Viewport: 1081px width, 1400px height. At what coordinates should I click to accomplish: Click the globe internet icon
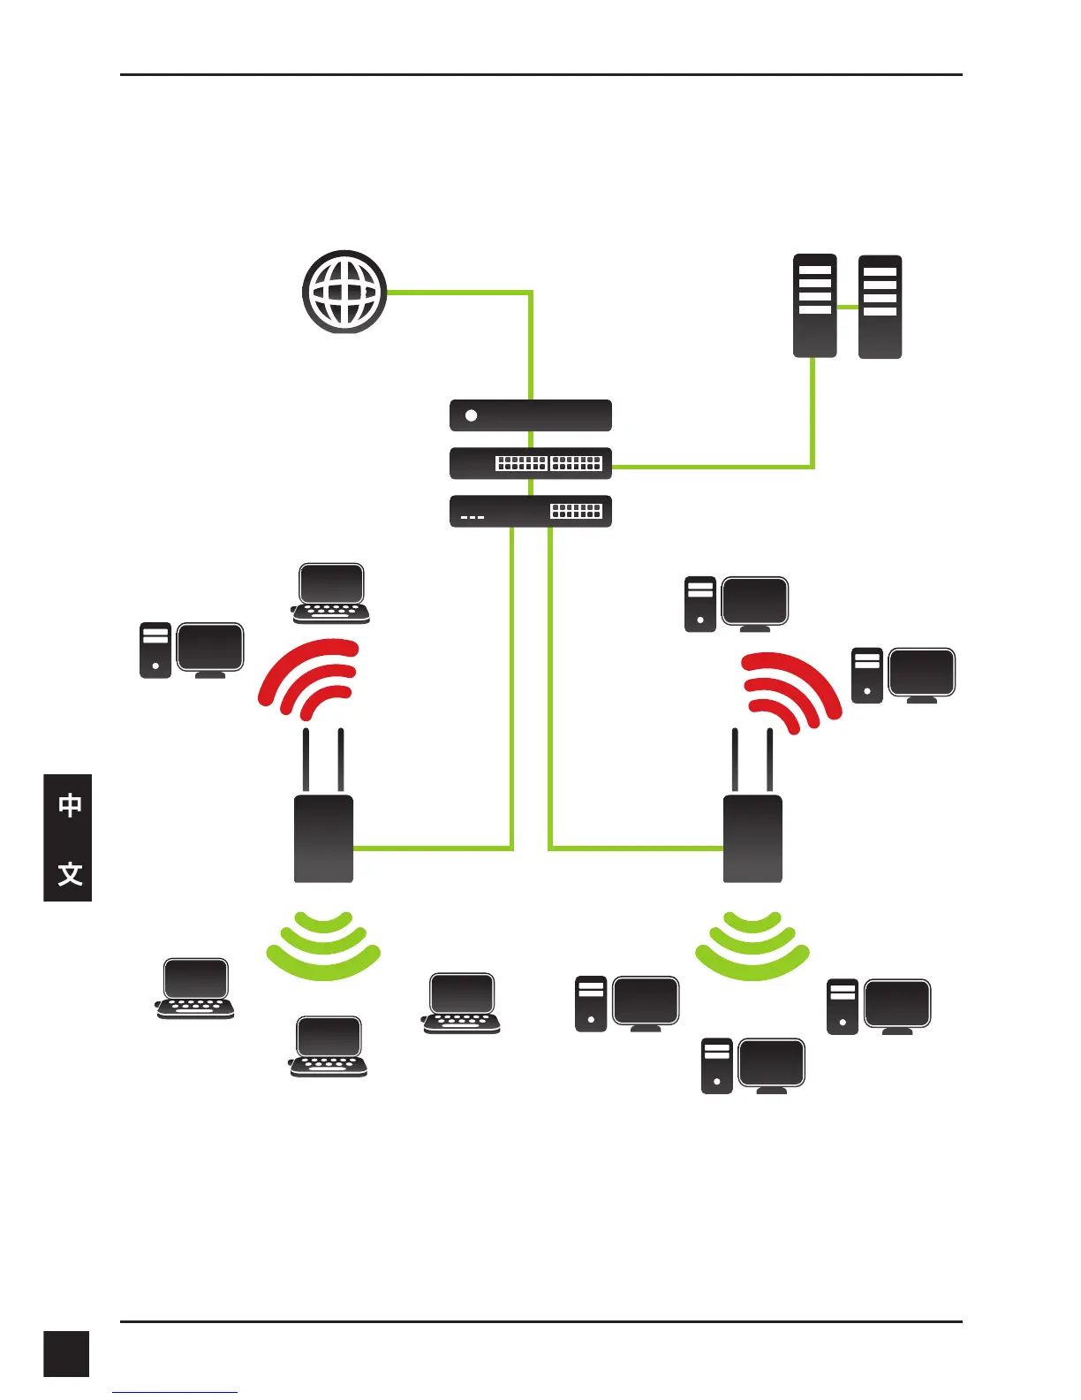coord(344,292)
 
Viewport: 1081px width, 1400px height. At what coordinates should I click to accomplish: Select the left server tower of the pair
coord(814,306)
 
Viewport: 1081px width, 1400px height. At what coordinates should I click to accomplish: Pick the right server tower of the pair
coord(880,306)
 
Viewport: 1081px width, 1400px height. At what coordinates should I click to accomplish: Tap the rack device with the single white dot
coord(530,415)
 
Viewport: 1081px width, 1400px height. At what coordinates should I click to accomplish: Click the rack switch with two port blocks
coord(530,463)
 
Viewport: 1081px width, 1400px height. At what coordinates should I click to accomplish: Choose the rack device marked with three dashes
coord(530,512)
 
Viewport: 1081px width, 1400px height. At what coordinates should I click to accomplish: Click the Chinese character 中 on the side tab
coord(70,805)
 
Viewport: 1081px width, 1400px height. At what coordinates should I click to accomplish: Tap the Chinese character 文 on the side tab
coord(70,874)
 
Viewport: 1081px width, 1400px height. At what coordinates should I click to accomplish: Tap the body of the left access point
coord(323,838)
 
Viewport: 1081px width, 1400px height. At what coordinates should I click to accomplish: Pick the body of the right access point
coord(752,838)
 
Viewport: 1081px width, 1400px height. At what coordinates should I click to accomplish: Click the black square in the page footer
coord(66,1354)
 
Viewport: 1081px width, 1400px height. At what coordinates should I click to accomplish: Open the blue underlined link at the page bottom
coord(175,1393)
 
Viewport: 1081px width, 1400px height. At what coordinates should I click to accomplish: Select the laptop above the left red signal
coord(330,593)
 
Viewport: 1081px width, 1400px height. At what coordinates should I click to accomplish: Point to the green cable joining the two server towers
coord(848,307)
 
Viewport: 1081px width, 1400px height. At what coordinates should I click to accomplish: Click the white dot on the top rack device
coord(471,415)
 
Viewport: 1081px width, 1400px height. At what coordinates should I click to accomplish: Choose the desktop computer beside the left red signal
coord(193,651)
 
